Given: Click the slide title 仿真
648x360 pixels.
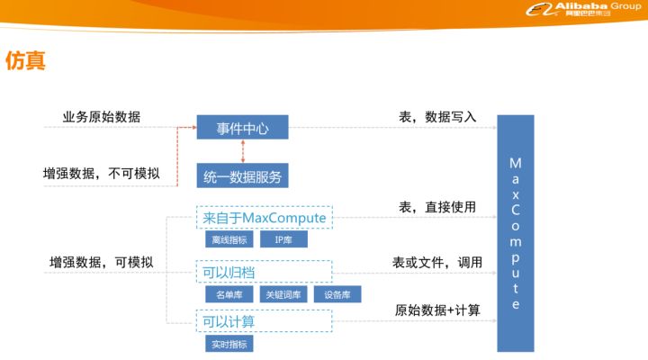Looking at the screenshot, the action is pyautogui.click(x=25, y=61).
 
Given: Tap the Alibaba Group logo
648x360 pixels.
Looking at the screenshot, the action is pyautogui.click(x=583, y=9).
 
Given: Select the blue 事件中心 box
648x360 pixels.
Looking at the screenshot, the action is pyautogui.click(x=243, y=127).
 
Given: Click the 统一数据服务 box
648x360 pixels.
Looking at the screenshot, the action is pyautogui.click(x=243, y=176).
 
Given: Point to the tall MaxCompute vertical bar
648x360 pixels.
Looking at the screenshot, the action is pyautogui.click(x=516, y=233).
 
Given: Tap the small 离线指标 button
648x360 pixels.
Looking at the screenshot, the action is pyautogui.click(x=229, y=239).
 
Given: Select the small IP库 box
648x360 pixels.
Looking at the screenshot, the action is pyautogui.click(x=283, y=239).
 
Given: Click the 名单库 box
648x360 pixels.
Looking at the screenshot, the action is pyautogui.click(x=229, y=294).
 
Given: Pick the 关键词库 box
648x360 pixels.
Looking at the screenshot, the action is pyautogui.click(x=283, y=294).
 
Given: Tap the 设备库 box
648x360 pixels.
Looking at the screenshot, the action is pyautogui.click(x=337, y=294).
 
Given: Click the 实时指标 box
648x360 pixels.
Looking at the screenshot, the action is pyautogui.click(x=229, y=344).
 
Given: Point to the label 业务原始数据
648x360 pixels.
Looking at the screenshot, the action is pyautogui.click(x=102, y=117).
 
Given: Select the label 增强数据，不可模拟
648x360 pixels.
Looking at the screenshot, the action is pyautogui.click(x=101, y=173).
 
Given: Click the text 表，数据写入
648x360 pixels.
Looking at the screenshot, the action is pyautogui.click(x=437, y=117).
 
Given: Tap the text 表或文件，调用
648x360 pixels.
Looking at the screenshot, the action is pyautogui.click(x=437, y=262).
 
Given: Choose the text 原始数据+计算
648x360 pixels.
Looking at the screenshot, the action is pyautogui.click(x=437, y=310).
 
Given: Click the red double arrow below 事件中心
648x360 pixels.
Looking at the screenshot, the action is pyautogui.click(x=243, y=152).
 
